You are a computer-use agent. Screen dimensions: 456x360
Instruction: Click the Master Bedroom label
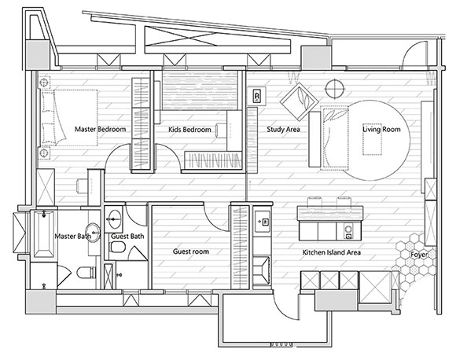tap(101, 129)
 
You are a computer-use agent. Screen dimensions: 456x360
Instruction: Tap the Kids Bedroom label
tap(189, 130)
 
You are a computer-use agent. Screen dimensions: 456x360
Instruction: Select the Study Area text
tap(283, 130)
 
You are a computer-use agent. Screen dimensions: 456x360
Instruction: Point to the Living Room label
tap(381, 129)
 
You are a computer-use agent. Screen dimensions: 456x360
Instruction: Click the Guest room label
tap(191, 252)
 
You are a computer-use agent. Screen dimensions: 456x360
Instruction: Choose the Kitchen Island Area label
tap(332, 252)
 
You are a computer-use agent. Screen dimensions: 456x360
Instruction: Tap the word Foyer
tap(419, 255)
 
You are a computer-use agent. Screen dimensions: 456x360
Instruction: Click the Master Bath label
tap(73, 236)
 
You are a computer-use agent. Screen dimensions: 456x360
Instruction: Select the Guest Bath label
tap(127, 237)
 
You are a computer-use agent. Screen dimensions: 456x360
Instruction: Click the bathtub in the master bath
tap(44, 234)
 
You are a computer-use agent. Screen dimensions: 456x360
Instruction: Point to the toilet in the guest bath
tap(117, 248)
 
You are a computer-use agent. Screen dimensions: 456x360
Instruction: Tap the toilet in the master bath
tap(86, 273)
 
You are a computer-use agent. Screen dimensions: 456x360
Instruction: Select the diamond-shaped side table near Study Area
tap(300, 101)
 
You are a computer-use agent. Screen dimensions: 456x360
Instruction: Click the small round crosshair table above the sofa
tap(335, 88)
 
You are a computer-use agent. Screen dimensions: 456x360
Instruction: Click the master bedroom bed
tap(68, 118)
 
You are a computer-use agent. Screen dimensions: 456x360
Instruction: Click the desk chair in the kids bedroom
tap(221, 130)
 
